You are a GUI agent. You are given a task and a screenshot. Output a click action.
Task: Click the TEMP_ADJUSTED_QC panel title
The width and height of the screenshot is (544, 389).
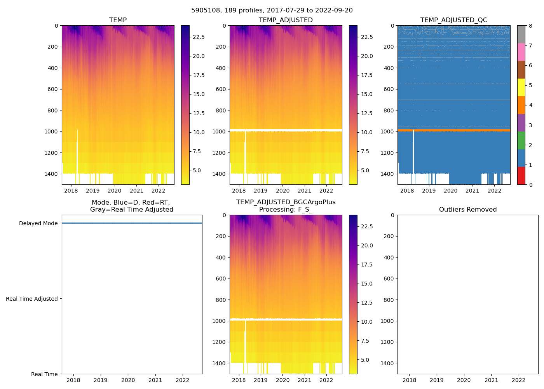(x=453, y=20)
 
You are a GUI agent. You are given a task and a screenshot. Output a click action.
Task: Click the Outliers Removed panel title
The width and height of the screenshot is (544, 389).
(x=467, y=210)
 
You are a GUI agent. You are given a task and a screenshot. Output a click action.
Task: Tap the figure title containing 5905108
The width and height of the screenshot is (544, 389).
(x=272, y=11)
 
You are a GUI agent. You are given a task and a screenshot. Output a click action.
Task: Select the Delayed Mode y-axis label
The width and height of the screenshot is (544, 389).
(x=38, y=223)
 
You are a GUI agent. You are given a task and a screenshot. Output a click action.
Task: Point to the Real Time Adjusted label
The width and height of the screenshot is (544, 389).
(x=32, y=299)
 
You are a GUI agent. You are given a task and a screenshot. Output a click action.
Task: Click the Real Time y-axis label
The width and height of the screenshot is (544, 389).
(x=44, y=374)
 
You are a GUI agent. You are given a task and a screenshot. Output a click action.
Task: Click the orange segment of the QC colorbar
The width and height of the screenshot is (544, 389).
(x=521, y=105)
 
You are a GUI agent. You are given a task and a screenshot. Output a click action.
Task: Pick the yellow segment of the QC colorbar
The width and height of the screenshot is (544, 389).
(x=521, y=87)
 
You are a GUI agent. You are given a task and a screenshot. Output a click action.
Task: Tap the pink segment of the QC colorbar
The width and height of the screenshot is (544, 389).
(x=521, y=52)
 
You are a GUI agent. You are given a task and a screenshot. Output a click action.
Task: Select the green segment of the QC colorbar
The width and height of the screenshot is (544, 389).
(x=521, y=140)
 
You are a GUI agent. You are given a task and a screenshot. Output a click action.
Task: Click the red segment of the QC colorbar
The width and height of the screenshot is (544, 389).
(x=521, y=176)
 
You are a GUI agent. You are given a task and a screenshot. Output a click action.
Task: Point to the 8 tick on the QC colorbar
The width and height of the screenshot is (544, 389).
(x=530, y=26)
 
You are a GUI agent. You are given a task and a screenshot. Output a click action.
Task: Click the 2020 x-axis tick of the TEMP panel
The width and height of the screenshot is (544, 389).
(x=115, y=191)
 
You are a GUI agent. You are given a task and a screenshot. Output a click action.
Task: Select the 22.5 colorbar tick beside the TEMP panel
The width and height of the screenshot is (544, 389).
(x=199, y=37)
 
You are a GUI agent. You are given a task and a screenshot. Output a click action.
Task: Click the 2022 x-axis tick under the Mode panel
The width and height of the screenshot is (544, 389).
(x=183, y=380)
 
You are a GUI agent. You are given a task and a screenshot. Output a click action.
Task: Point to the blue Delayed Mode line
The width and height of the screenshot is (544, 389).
(x=132, y=223)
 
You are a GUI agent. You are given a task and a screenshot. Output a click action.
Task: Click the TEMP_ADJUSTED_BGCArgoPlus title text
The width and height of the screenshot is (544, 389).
(x=286, y=202)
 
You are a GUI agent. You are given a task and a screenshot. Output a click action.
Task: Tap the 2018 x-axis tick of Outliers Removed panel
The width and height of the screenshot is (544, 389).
(x=409, y=380)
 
